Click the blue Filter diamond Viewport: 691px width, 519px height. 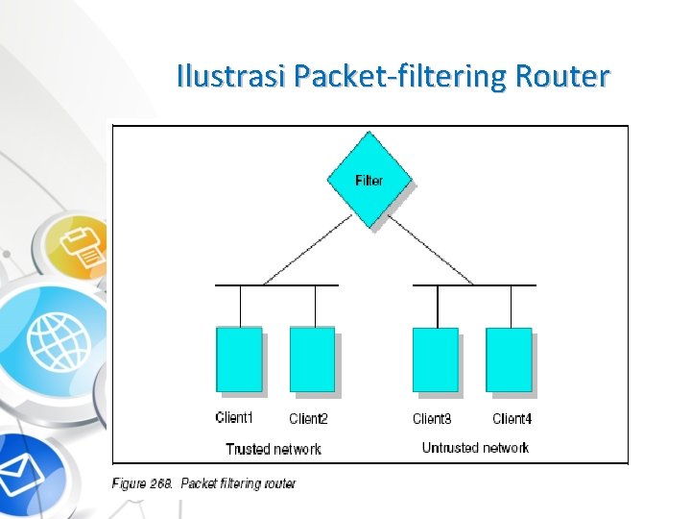(369, 180)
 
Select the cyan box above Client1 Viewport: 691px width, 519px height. (239, 359)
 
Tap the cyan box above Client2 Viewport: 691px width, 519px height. (312, 359)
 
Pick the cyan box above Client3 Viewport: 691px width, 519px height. (436, 359)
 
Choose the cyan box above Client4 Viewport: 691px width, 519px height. (509, 359)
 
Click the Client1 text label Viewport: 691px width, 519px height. (235, 418)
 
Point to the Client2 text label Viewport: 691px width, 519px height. (308, 419)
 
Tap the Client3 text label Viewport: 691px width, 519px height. (432, 419)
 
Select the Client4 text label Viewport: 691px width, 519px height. (512, 419)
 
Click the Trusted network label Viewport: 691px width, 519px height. (274, 449)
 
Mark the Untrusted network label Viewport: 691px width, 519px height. (475, 448)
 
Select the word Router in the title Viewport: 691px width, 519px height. (561, 76)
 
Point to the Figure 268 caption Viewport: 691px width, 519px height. (204, 483)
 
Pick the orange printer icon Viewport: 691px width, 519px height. (83, 245)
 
